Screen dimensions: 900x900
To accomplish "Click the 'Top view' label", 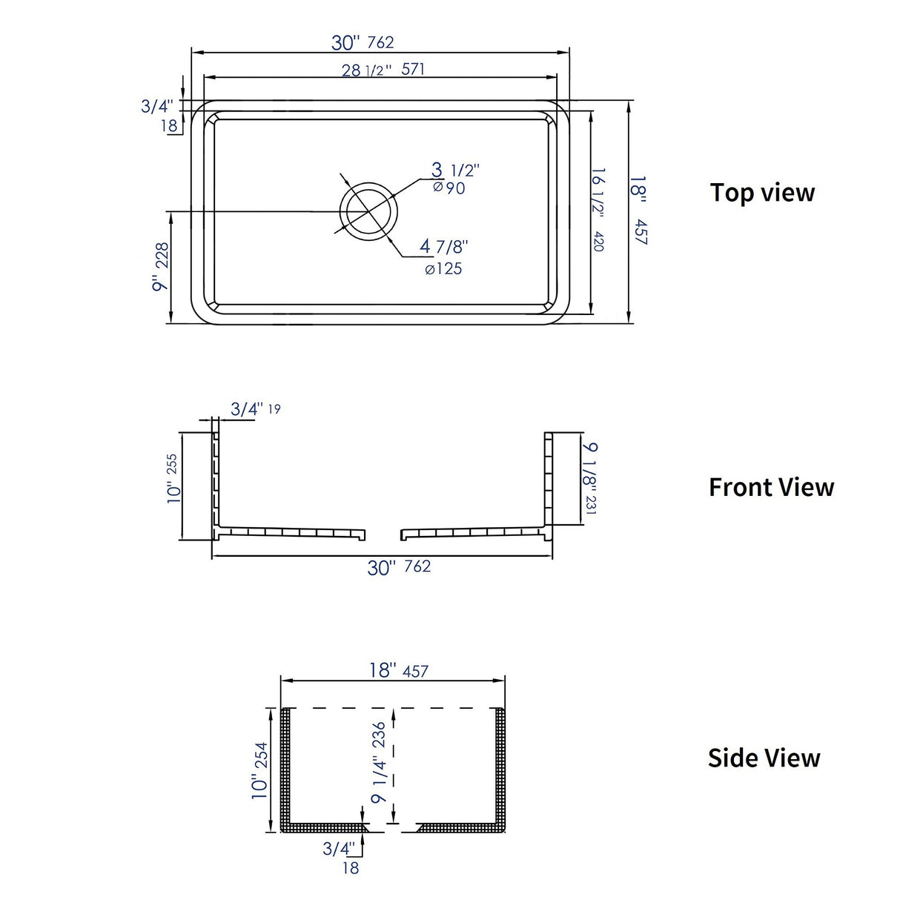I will click(762, 193).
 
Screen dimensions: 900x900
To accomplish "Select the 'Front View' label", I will click(771, 487).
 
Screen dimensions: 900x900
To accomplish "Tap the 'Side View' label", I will click(764, 758).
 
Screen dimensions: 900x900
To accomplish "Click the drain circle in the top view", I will click(368, 211).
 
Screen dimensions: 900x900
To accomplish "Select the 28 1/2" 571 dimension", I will click(383, 70).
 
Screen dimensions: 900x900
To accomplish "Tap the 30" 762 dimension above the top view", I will click(363, 42).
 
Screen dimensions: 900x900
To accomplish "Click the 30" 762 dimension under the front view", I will click(399, 567).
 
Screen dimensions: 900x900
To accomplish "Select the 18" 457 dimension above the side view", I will click(398, 670).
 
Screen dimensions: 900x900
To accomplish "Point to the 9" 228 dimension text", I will click(161, 266).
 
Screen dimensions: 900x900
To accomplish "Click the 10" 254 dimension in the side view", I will click(260, 771).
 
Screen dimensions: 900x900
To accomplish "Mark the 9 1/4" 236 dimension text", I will click(379, 762).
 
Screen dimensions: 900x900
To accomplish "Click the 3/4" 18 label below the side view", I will click(342, 856).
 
